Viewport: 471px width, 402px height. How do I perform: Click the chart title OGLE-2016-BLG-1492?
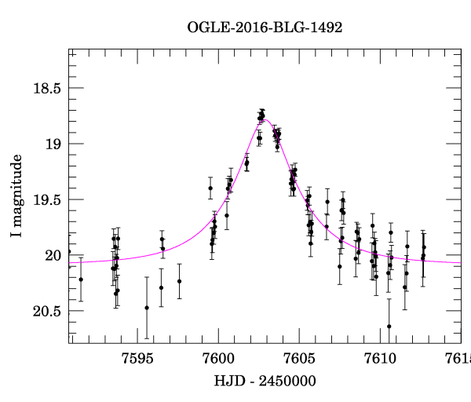tap(265, 27)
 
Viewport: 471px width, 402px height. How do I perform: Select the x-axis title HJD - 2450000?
tap(265, 381)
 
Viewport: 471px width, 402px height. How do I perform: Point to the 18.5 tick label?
tap(46, 88)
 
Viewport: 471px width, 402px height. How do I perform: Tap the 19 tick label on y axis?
tap(52, 144)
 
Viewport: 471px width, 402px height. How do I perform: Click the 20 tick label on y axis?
tap(52, 255)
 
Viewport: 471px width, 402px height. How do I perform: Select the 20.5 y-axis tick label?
tap(46, 311)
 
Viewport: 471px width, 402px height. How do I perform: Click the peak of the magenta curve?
tap(265, 119)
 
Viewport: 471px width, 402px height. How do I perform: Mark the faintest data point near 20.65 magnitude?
tap(389, 326)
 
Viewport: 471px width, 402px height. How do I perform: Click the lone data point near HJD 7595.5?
tap(147, 308)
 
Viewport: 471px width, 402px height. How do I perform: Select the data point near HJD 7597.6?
tap(179, 281)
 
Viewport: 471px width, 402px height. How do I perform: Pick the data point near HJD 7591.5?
tap(81, 279)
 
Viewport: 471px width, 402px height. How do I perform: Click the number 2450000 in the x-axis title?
tap(290, 381)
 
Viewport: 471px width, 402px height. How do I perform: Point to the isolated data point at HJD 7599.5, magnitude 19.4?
tap(210, 188)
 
